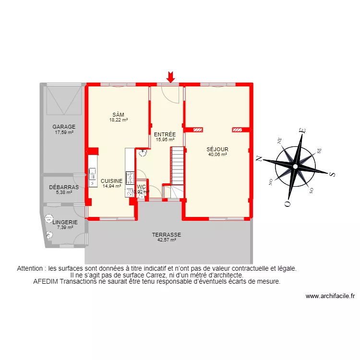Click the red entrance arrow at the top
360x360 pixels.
[x=170, y=76]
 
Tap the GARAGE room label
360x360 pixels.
[x=64, y=127]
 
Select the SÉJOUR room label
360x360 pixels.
[x=217, y=149]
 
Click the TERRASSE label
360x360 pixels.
[x=167, y=234]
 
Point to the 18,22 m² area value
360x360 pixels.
[x=118, y=120]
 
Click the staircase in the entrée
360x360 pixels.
[x=178, y=166]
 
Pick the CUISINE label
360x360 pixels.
[x=111, y=181]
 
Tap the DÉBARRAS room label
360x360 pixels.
[x=64, y=187]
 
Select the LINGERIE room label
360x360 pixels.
[x=64, y=222]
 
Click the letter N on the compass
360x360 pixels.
[x=258, y=158]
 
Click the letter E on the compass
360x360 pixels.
[x=302, y=130]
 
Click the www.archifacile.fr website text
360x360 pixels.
[x=329, y=297]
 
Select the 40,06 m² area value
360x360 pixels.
[x=217, y=155]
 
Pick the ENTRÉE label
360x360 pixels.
[x=165, y=134]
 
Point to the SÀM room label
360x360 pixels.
[x=118, y=114]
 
